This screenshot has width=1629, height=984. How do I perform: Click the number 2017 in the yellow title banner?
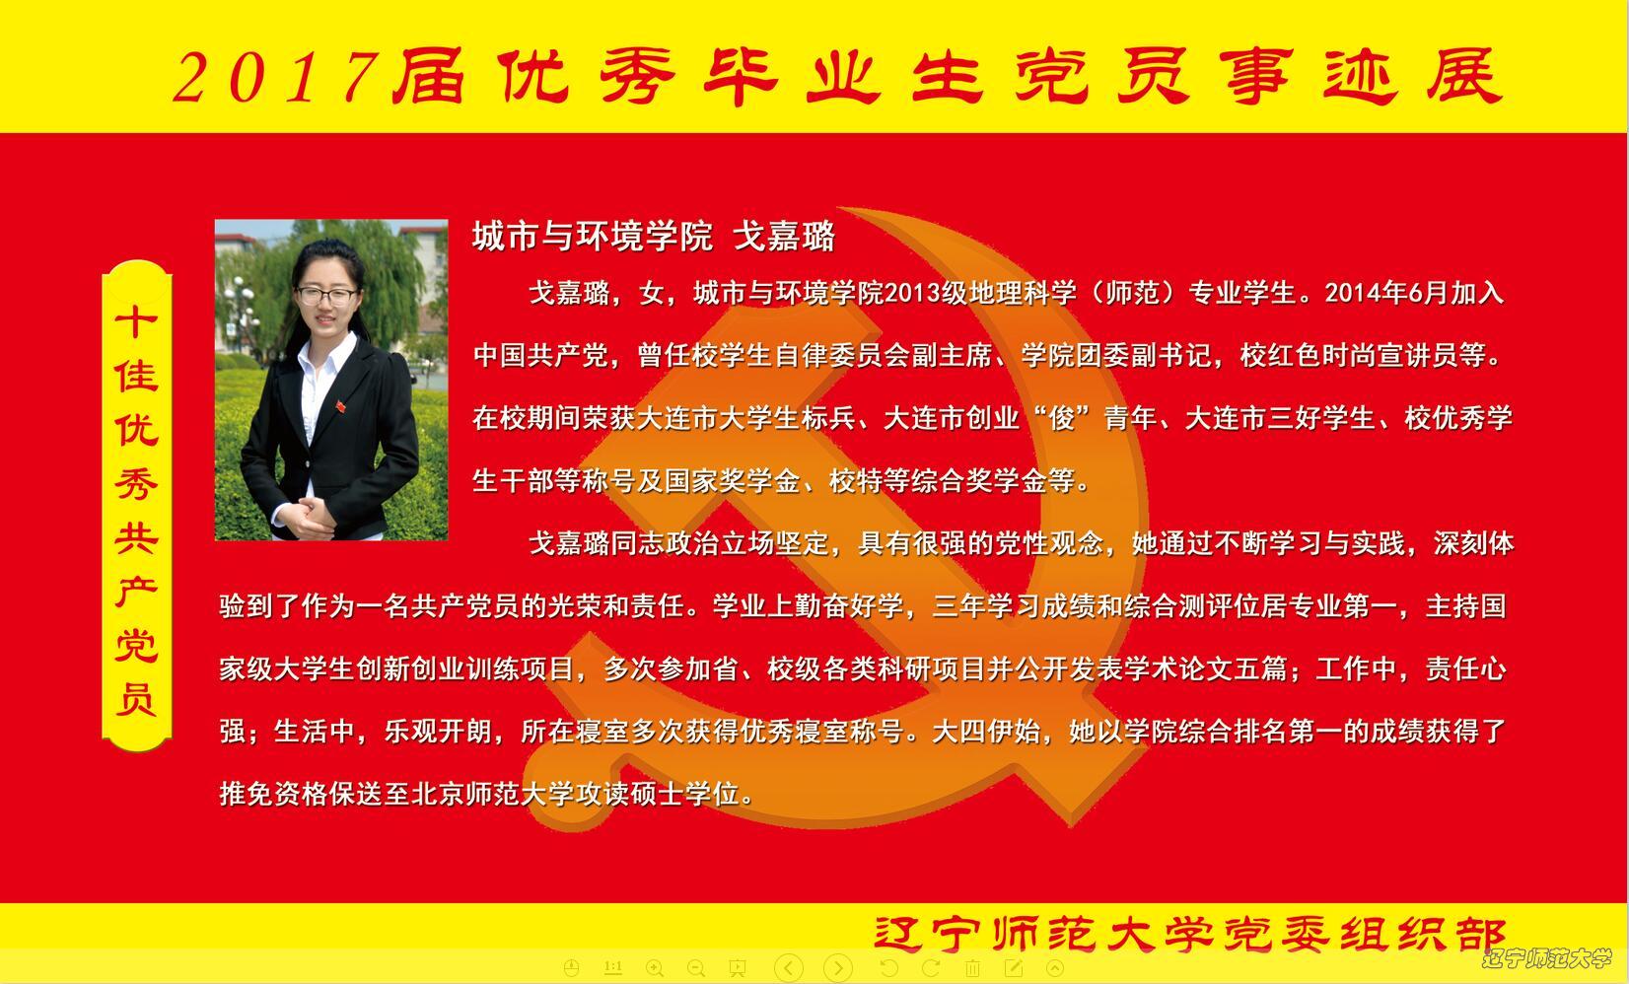tap(276, 77)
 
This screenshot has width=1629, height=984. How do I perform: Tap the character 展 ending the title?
tap(1463, 76)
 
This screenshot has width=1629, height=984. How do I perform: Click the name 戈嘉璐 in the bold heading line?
tap(784, 237)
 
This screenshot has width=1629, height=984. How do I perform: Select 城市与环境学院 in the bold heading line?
tap(592, 237)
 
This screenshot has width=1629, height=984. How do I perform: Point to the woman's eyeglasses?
tap(326, 295)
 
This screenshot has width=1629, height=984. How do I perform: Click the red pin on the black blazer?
tap(340, 406)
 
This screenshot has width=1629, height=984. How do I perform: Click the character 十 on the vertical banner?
tap(136, 322)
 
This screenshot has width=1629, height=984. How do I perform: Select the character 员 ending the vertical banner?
tap(136, 699)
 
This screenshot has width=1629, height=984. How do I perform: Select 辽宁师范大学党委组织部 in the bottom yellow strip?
tap(1190, 934)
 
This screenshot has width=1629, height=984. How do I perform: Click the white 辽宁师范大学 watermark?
tap(1547, 958)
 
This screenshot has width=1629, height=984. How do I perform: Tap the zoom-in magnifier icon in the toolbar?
tap(655, 968)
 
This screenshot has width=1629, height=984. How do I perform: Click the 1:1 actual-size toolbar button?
tap(613, 967)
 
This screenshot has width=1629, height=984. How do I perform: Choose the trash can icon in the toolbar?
tap(972, 968)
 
